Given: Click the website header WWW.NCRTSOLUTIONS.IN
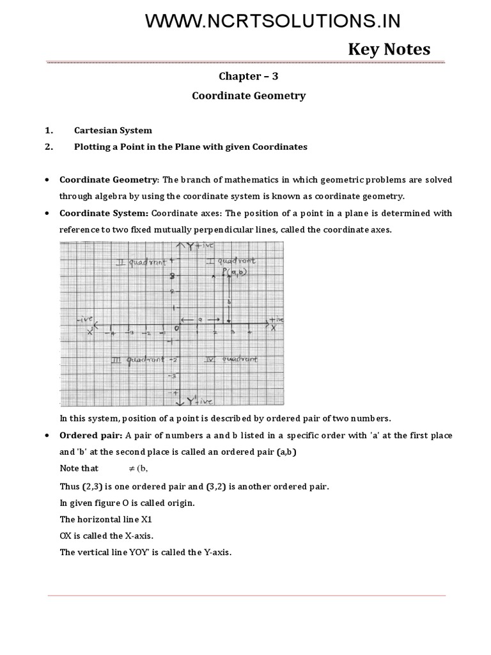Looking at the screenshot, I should tap(273, 21).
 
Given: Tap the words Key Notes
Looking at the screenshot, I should tap(389, 49).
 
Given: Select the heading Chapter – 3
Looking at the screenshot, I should tap(249, 75).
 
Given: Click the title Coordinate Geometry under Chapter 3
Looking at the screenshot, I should tap(249, 96).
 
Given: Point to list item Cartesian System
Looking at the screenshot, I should tap(113, 130).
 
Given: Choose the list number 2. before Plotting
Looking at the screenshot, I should tap(49, 147).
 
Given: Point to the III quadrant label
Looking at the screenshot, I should tap(137, 360).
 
